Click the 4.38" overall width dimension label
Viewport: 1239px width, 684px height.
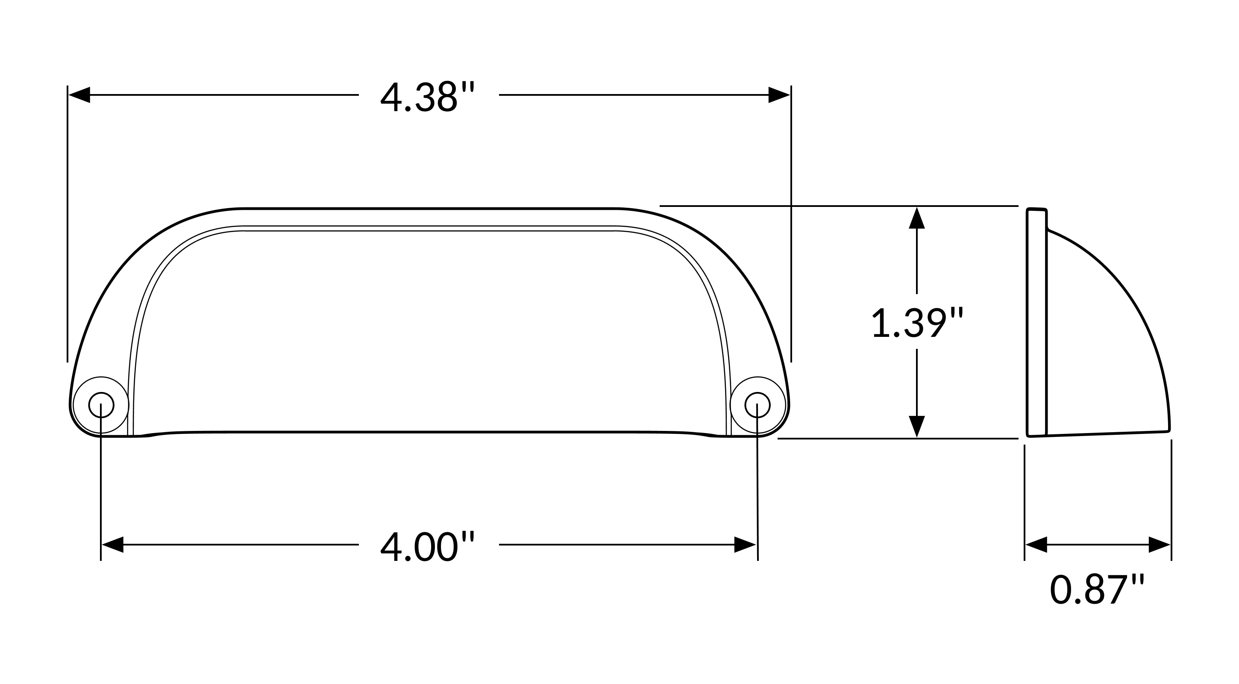pos(427,97)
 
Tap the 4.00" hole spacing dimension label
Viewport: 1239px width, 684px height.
pos(427,547)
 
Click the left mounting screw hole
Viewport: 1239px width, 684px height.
pos(101,405)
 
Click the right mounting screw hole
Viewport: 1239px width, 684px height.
pos(757,405)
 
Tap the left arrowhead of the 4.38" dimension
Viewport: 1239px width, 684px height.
pos(79,95)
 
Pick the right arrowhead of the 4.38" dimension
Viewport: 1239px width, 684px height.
pos(779,95)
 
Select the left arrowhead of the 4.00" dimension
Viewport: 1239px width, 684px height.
pos(112,544)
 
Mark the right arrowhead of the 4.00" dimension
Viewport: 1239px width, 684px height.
pos(745,544)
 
